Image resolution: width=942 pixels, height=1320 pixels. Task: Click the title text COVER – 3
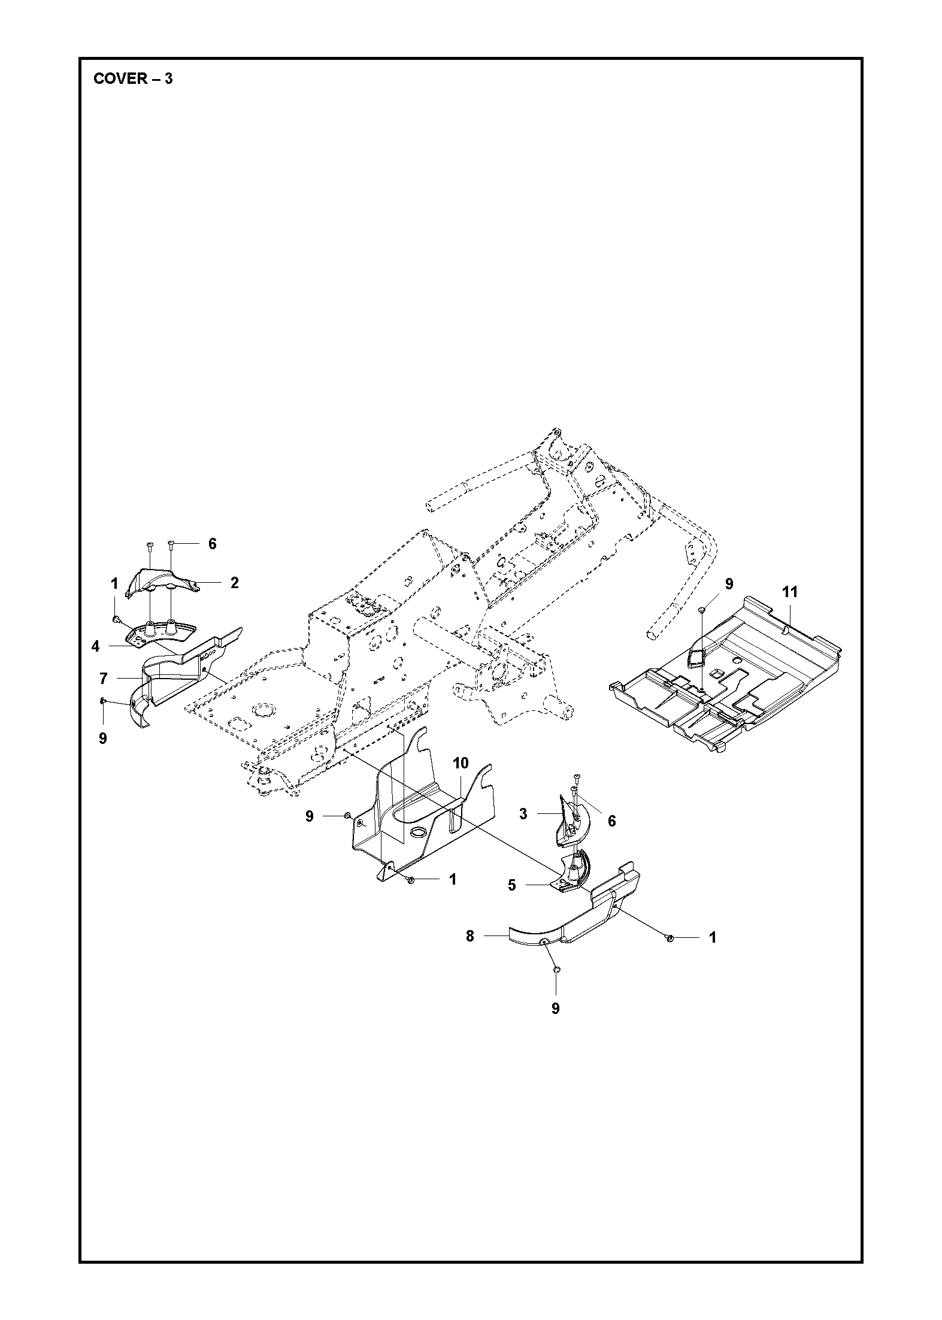[133, 79]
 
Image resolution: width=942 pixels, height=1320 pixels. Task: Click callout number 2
[235, 583]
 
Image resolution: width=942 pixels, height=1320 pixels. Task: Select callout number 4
[96, 647]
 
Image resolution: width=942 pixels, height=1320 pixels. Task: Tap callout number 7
[103, 679]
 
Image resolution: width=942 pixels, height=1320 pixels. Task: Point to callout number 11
[790, 592]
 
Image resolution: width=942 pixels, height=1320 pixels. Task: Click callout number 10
[461, 763]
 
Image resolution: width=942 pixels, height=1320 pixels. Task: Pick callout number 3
[523, 815]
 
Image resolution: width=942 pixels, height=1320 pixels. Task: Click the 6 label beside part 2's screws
[212, 544]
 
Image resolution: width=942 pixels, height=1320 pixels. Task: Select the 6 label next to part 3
[611, 821]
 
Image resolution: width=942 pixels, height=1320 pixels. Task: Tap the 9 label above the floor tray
[729, 584]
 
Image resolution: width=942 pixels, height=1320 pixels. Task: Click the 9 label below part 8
[555, 1009]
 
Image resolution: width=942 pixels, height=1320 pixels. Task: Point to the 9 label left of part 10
[310, 816]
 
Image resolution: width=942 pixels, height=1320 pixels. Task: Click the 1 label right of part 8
[713, 937]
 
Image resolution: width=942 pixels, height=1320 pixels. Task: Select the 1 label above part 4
[114, 583]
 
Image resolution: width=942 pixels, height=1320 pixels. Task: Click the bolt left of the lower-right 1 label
[670, 937]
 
